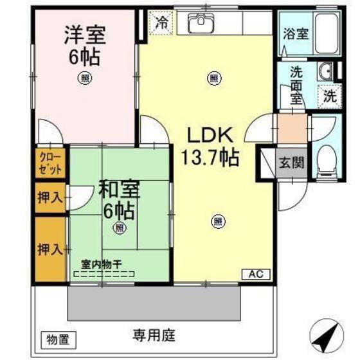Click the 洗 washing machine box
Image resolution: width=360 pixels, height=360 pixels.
(329, 98)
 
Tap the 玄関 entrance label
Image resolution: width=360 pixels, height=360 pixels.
(291, 163)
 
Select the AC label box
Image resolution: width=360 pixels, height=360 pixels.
(255, 273)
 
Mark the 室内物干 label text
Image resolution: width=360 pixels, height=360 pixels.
(102, 264)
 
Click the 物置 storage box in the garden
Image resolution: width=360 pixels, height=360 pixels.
(59, 336)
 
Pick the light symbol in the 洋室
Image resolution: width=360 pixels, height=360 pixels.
(84, 78)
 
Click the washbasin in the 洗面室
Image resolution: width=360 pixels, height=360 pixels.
(325, 71)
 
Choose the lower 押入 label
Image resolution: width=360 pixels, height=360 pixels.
(50, 248)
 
